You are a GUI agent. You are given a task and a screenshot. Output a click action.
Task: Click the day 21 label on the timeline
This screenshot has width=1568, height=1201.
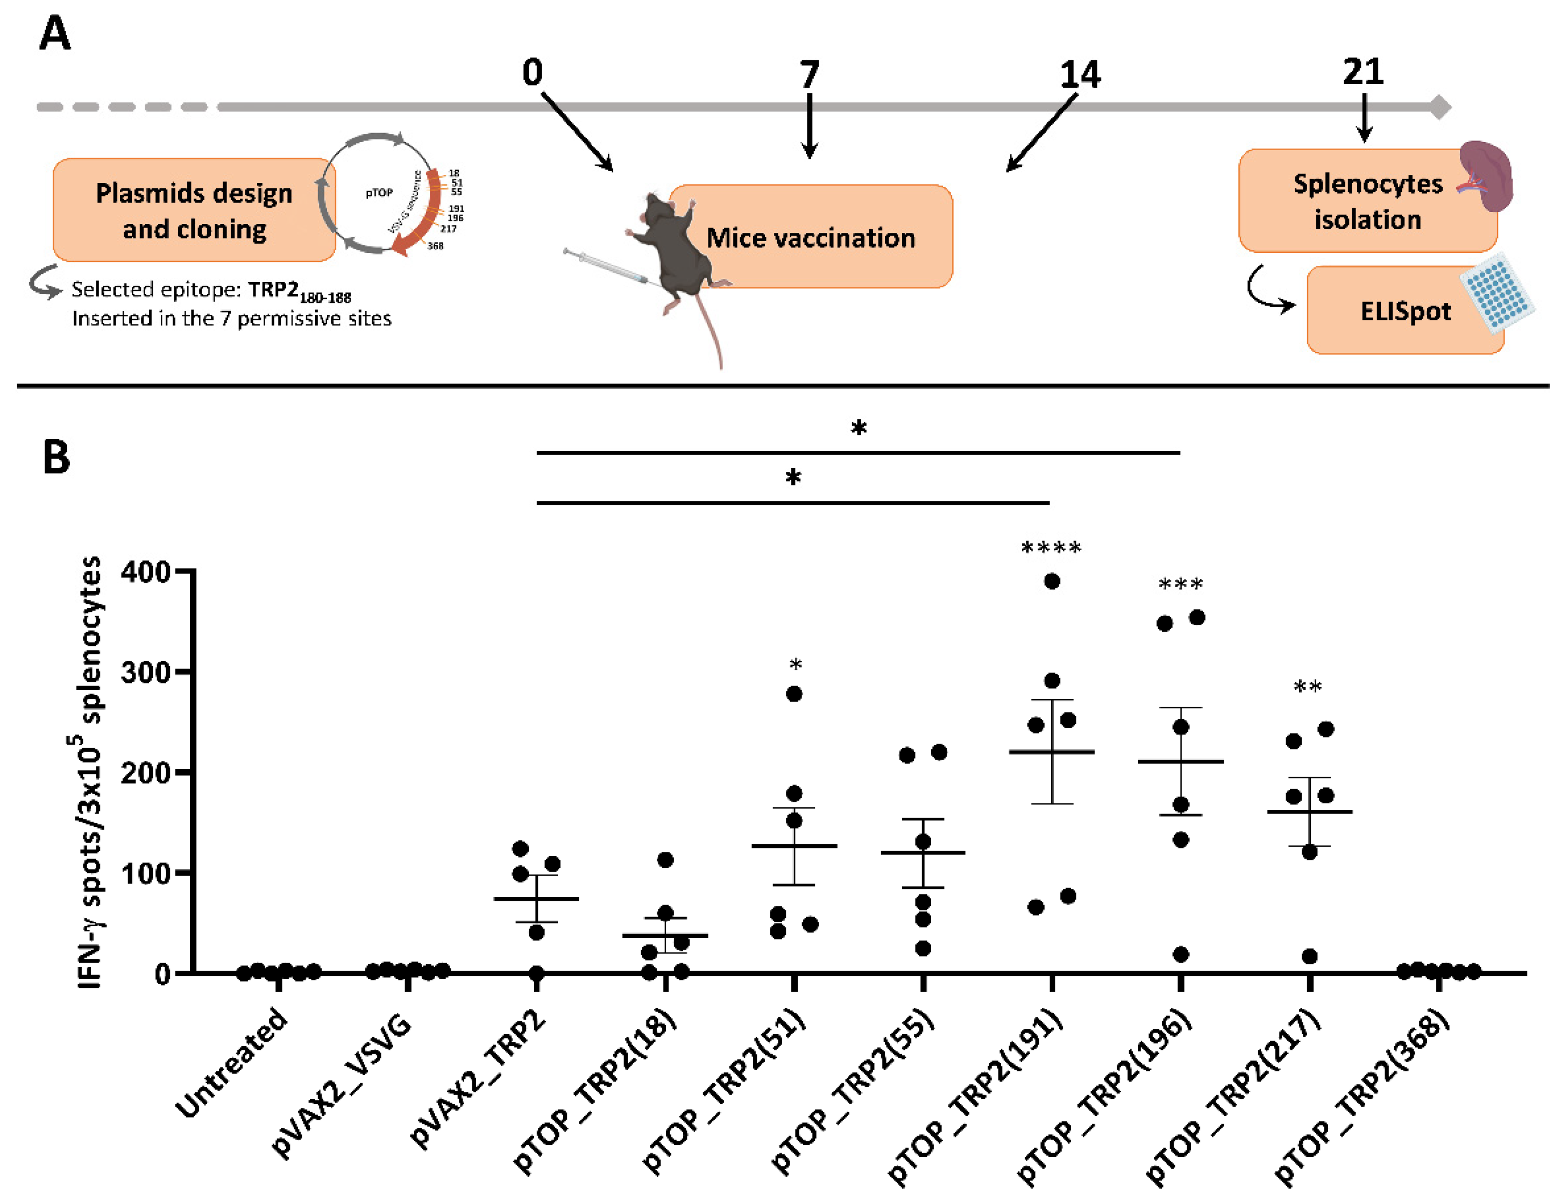coord(1363,72)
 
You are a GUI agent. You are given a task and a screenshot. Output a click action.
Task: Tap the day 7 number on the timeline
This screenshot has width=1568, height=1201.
coord(809,74)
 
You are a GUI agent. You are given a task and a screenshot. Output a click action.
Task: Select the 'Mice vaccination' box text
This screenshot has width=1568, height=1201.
coord(811,237)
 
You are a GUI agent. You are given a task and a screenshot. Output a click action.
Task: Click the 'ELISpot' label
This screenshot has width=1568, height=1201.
coord(1405,312)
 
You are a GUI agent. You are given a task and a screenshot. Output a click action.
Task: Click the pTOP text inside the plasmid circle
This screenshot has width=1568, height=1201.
coord(379,193)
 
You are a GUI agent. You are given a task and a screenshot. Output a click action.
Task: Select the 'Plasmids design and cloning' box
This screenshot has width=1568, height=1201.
coord(194,211)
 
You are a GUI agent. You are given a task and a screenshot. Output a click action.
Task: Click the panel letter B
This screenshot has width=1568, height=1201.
coord(56,457)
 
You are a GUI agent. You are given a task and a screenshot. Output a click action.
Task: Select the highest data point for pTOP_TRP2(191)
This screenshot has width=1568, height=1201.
coord(1052,581)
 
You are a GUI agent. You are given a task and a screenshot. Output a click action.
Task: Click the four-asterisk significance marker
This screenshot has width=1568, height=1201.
coord(1051,548)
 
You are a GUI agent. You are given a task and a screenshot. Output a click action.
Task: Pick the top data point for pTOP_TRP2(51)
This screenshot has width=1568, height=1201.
coord(794,694)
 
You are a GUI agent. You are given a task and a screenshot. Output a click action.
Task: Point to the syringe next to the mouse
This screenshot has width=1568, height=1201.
coord(604,265)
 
